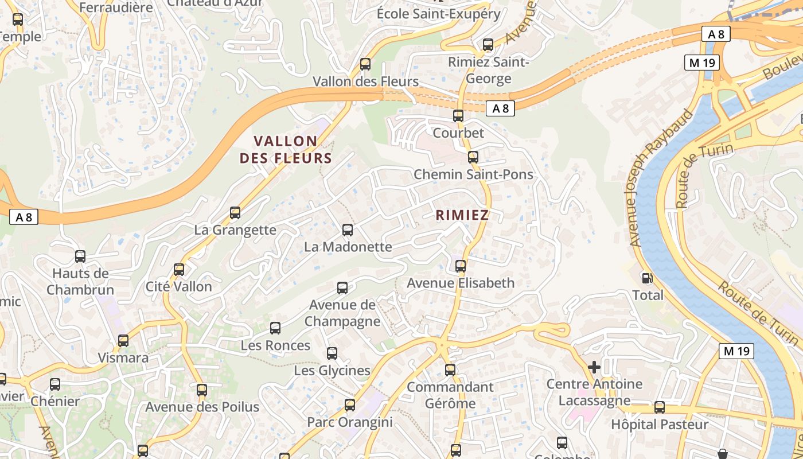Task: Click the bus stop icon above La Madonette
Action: (x=347, y=230)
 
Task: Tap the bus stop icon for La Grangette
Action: (x=235, y=213)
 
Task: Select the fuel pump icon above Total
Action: (x=647, y=278)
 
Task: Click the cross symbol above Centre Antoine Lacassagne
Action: (x=594, y=367)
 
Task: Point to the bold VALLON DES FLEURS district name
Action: (x=286, y=150)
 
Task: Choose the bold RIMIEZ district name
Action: (x=462, y=215)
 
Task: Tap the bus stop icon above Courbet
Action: (x=458, y=116)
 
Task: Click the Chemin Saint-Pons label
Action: (x=473, y=174)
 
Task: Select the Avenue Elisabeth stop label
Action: (x=461, y=283)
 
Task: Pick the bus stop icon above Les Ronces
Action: (x=275, y=328)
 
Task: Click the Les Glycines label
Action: (x=332, y=371)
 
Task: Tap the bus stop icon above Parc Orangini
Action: (x=350, y=405)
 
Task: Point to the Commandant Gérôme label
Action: (x=450, y=395)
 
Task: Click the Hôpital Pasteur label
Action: (x=660, y=425)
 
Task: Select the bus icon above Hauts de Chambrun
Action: (x=80, y=256)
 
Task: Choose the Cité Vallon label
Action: (x=178, y=286)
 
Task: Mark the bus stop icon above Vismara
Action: (x=123, y=341)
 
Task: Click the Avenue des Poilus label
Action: (x=202, y=407)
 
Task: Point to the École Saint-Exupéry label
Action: (x=439, y=14)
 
